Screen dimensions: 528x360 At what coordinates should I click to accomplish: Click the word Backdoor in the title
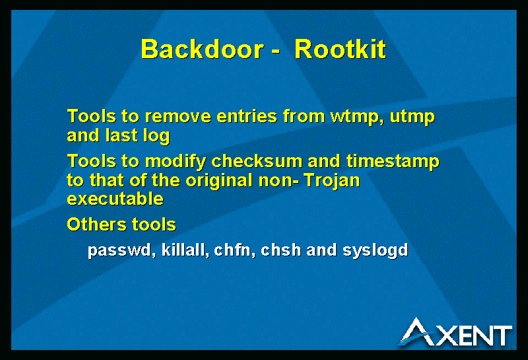coord(202,50)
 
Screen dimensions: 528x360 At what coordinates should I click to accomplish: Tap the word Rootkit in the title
coord(340,50)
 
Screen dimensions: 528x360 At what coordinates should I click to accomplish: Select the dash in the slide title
coord(275,52)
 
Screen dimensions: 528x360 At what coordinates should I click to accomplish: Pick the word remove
coord(178,117)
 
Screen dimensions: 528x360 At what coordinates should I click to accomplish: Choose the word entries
coord(246,116)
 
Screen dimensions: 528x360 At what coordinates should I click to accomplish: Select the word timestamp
coord(393,162)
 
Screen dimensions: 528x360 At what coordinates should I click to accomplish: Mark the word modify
coord(175,162)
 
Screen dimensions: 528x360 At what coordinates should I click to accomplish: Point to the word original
coord(219,181)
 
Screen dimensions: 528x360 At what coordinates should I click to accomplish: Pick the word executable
coord(115,199)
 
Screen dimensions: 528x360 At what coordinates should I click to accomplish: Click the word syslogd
coord(375,251)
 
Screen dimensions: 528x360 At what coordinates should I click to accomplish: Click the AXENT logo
coord(456,332)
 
